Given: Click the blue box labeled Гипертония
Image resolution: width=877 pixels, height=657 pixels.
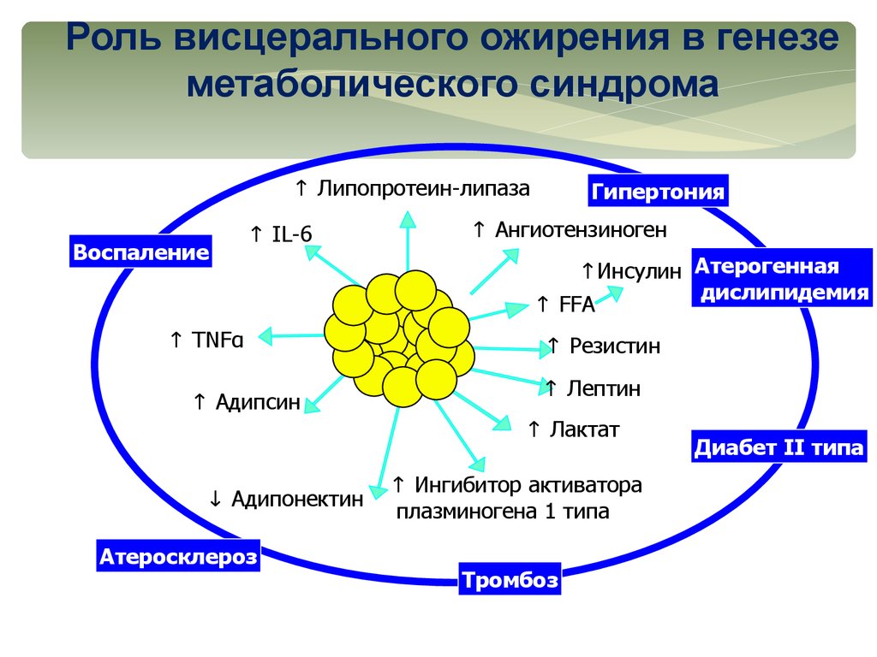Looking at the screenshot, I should tap(658, 191).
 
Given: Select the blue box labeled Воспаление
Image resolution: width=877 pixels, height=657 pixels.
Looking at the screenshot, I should tap(140, 252).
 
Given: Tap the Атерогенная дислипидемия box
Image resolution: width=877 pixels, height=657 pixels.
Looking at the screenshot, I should tap(781, 279).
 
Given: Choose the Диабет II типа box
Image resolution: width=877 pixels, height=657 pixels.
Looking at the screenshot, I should tap(779, 447).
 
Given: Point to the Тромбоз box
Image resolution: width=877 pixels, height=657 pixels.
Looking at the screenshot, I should tap(510, 582).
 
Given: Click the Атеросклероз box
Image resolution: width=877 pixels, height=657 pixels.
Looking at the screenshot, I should tap(178, 557).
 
